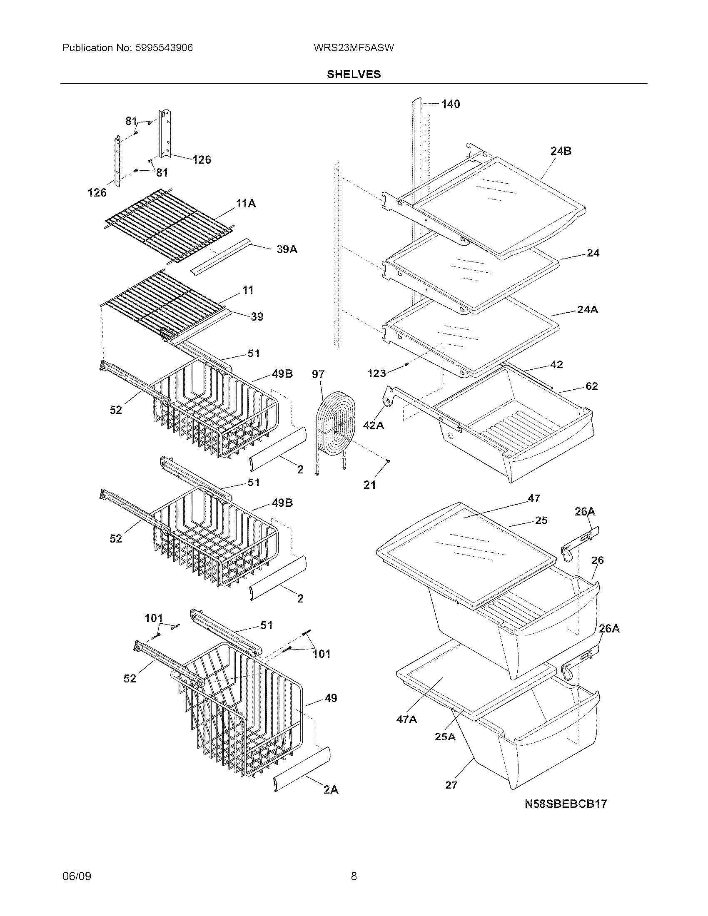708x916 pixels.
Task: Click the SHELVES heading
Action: click(x=354, y=74)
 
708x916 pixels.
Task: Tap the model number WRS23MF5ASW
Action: click(x=354, y=48)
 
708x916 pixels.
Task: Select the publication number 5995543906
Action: click(x=164, y=48)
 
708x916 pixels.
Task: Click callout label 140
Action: click(x=451, y=104)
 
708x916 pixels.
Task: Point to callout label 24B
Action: click(x=561, y=151)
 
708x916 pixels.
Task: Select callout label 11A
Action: click(x=246, y=204)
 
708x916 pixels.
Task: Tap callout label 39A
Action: click(x=287, y=249)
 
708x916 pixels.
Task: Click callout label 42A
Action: click(x=373, y=425)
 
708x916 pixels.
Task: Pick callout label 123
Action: click(x=376, y=373)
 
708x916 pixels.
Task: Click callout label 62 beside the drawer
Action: click(x=591, y=386)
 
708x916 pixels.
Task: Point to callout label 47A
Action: click(x=406, y=719)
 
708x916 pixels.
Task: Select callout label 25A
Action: click(x=445, y=737)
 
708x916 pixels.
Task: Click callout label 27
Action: click(x=451, y=785)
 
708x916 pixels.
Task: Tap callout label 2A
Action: click(x=331, y=790)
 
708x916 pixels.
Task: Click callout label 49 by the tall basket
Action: click(x=331, y=698)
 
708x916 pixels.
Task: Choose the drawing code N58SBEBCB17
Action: click(x=566, y=804)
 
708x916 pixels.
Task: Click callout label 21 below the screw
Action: click(x=369, y=485)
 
